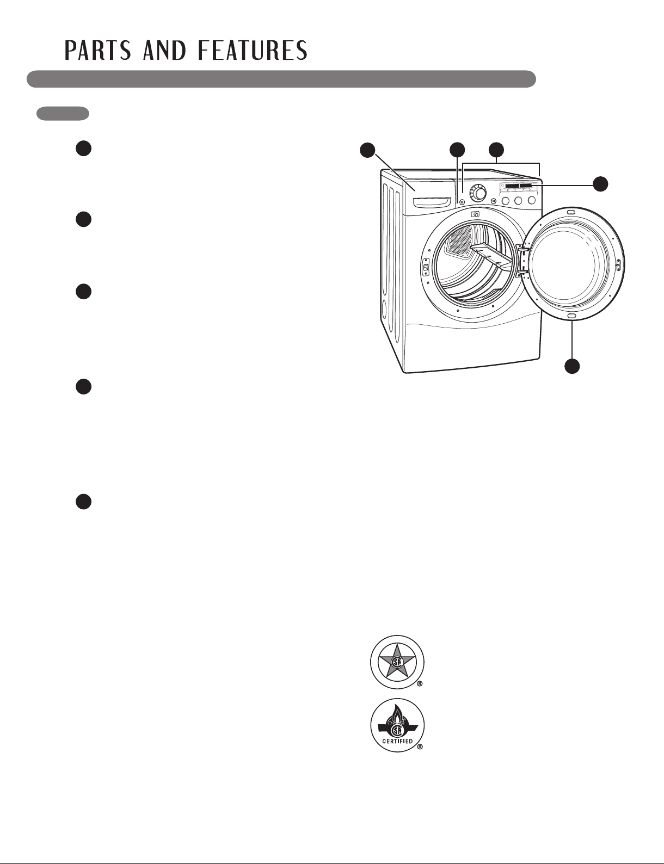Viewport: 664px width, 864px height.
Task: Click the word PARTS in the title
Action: tap(98, 51)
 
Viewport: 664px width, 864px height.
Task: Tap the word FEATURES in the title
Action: tap(253, 51)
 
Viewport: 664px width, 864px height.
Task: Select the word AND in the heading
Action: tap(164, 51)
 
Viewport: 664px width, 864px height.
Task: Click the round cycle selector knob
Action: tap(477, 193)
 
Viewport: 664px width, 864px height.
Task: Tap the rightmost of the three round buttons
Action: tap(532, 201)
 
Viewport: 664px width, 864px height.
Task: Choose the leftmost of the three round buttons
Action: tap(506, 201)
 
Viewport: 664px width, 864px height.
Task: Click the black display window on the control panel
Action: tap(519, 186)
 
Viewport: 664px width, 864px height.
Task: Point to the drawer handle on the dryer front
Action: tap(433, 202)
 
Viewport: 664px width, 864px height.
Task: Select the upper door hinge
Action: tap(522, 248)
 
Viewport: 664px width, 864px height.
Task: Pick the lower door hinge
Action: tap(522, 272)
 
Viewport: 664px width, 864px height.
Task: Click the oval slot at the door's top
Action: tap(570, 212)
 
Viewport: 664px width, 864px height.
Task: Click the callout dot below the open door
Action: tap(572, 366)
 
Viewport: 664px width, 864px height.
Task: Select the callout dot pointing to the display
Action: tap(601, 183)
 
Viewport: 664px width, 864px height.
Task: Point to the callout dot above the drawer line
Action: tap(367, 150)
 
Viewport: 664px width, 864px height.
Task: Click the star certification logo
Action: tap(397, 662)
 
